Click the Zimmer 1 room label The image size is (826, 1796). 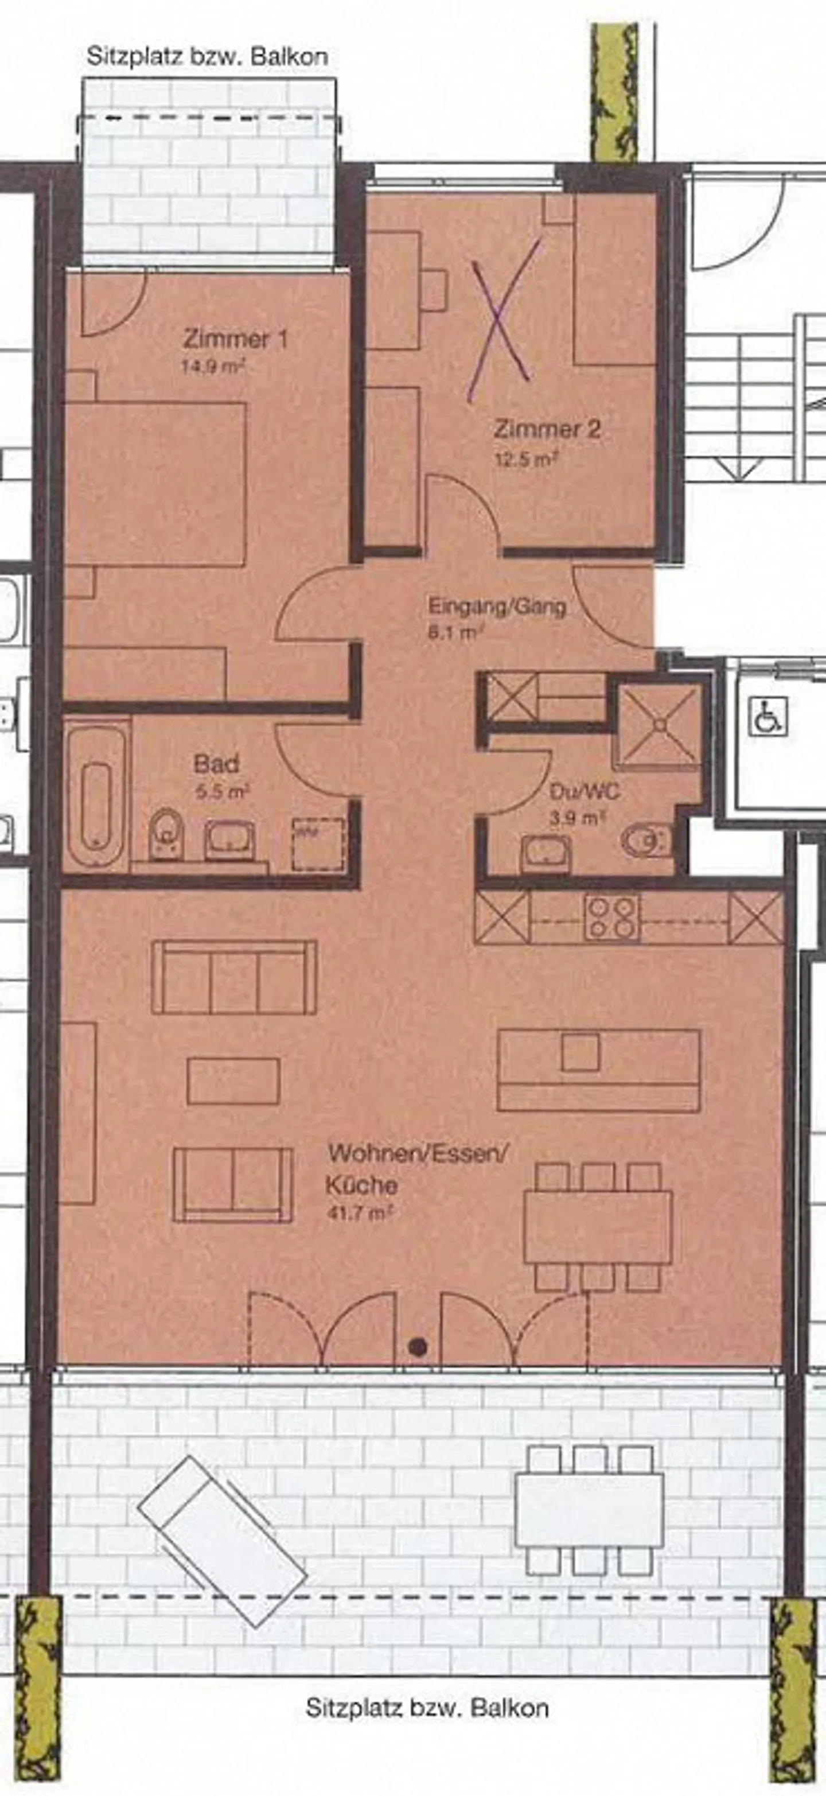(235, 340)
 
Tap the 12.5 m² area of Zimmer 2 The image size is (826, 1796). (527, 460)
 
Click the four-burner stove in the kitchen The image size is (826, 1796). (612, 917)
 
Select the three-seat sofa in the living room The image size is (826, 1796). (234, 976)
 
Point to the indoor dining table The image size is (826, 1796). (597, 1227)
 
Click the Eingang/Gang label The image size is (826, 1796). (496, 607)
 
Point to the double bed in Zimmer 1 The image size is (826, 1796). (155, 483)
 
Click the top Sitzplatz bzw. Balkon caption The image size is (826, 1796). (207, 56)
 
